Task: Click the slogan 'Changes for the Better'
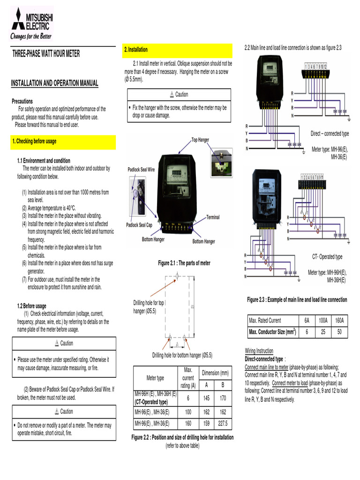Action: coord(31,36)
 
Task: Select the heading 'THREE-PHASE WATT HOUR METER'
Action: coord(46,54)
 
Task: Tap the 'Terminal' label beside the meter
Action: coord(213,217)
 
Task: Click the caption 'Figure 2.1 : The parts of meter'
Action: coord(184,263)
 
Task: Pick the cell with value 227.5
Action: coord(223,424)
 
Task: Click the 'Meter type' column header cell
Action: coord(156,378)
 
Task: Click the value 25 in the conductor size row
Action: coord(323,331)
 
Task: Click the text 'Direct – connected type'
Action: coord(330,134)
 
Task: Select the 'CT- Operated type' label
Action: coord(327,257)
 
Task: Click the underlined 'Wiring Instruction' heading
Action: coord(259,351)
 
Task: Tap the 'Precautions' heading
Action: coord(22,101)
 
